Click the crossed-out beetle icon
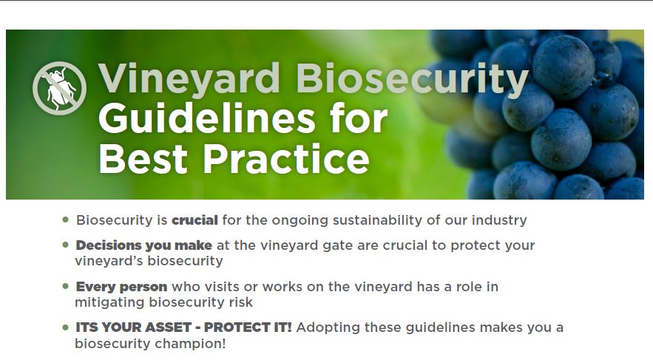[x=60, y=88]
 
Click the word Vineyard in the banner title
[x=189, y=78]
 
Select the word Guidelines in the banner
[x=207, y=118]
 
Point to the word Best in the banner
[x=143, y=159]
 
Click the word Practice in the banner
[x=286, y=159]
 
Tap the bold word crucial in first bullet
[x=195, y=220]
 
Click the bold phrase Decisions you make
[x=144, y=245]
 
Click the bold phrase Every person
[x=121, y=287]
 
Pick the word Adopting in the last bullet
[x=328, y=328]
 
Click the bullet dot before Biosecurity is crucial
[x=65, y=220]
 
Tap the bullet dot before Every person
[x=65, y=286]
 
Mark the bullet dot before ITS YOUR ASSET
[x=65, y=327]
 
